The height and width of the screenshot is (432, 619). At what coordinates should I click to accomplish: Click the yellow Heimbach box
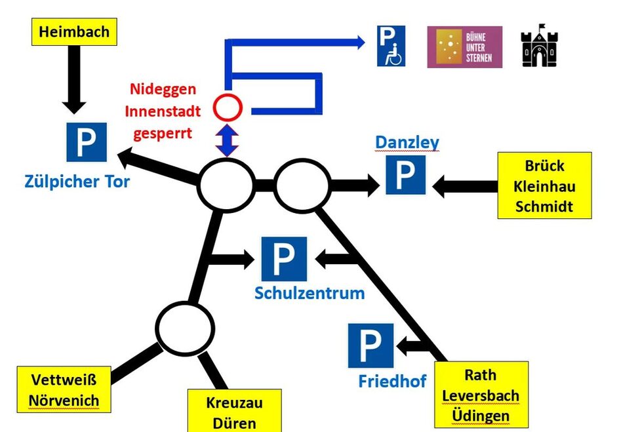click(x=74, y=31)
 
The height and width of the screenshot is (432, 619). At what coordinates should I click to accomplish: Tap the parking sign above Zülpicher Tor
click(x=86, y=142)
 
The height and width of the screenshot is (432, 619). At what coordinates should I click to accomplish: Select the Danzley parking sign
click(x=405, y=174)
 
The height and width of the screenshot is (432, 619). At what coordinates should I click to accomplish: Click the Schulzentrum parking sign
click(x=284, y=258)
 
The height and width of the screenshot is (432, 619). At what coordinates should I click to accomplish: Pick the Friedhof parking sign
click(x=370, y=345)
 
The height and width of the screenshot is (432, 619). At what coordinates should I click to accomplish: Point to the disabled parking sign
click(x=391, y=46)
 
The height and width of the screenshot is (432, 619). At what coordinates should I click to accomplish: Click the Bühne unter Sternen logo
click(x=464, y=47)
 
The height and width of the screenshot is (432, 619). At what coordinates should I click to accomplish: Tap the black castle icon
click(x=539, y=46)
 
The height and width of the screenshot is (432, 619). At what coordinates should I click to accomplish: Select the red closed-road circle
click(x=230, y=106)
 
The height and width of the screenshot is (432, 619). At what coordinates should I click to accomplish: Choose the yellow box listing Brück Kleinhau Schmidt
click(x=544, y=186)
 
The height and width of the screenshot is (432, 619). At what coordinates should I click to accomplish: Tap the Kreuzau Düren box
click(x=234, y=411)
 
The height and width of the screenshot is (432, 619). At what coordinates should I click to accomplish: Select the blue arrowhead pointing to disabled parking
click(x=359, y=43)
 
